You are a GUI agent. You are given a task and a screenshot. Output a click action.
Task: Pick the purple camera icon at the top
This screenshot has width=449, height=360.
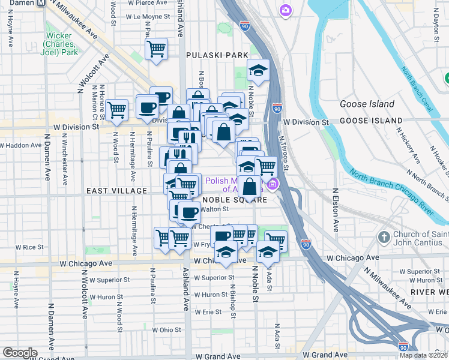(286, 10)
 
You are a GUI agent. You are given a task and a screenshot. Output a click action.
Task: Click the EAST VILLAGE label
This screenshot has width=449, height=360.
(116, 191)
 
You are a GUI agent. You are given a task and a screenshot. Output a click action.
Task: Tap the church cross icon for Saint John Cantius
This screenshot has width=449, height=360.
(384, 238)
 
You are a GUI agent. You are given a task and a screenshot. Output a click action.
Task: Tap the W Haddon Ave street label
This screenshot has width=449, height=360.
(23, 145)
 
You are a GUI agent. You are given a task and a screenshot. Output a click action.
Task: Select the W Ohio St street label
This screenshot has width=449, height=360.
(166, 330)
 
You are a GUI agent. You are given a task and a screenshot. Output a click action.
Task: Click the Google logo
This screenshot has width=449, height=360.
(20, 352)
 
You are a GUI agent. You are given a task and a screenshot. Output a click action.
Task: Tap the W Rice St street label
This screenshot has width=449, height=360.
(31, 247)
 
